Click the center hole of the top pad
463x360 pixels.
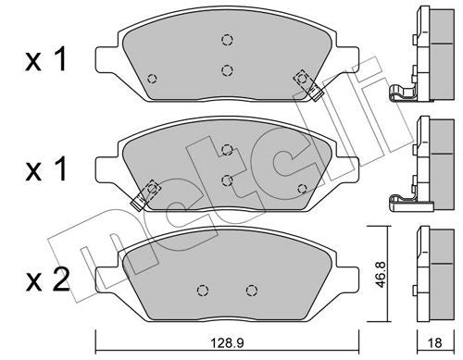coord(227,68)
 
